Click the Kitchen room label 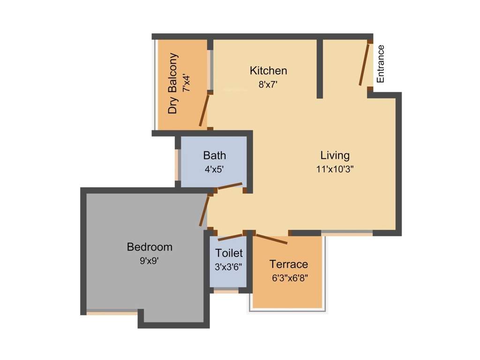(x=269, y=71)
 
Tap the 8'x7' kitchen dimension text (x=268, y=84)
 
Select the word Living (x=335, y=156)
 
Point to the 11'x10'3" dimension (x=335, y=169)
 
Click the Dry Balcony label (x=173, y=83)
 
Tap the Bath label (x=215, y=156)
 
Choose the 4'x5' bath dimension (x=214, y=169)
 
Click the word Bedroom (x=150, y=247)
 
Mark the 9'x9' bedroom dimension (x=149, y=261)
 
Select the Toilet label (x=229, y=253)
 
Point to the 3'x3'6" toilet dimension (x=228, y=267)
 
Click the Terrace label (x=289, y=264)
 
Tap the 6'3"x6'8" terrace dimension (x=290, y=278)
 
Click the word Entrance (x=380, y=64)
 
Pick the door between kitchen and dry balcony (x=204, y=110)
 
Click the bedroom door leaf (x=204, y=211)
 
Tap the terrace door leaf (x=271, y=239)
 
